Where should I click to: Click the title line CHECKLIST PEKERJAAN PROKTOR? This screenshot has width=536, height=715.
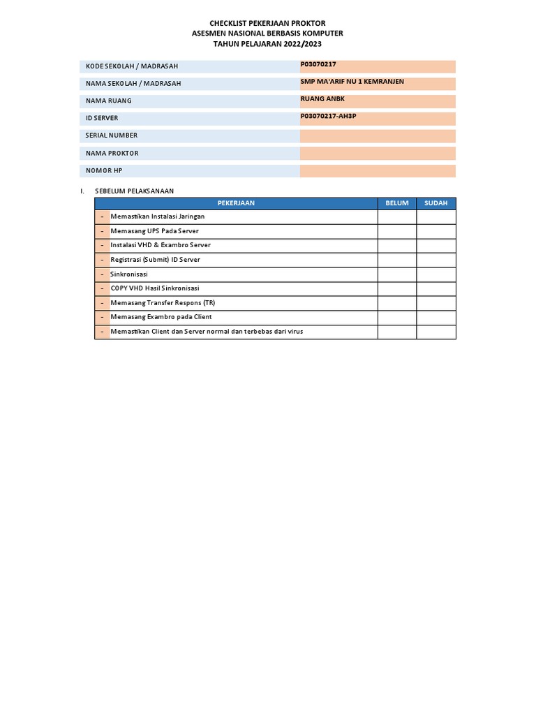tap(267, 23)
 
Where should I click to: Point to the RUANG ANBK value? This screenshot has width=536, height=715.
tap(322, 98)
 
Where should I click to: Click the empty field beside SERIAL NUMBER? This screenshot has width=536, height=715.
tap(378, 136)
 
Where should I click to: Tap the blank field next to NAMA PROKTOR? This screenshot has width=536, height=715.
tap(378, 154)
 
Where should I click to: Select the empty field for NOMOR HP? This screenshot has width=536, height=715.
tap(378, 171)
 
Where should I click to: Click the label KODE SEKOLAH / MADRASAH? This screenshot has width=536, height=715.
tap(132, 66)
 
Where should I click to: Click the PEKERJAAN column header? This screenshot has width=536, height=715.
tap(236, 203)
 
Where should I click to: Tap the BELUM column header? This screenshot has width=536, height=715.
tap(397, 203)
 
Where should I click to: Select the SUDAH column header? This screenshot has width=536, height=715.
tap(436, 203)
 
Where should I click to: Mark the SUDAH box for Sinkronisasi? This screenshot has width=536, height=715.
tap(436, 274)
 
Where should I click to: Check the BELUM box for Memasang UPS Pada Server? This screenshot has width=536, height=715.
tap(397, 231)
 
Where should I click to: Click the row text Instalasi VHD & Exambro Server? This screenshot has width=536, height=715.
tap(161, 245)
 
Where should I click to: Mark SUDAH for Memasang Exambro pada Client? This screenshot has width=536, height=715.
tap(436, 317)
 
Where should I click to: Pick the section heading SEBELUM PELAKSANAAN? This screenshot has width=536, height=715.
tap(134, 191)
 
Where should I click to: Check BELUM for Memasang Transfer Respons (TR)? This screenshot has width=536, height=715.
tap(397, 303)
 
